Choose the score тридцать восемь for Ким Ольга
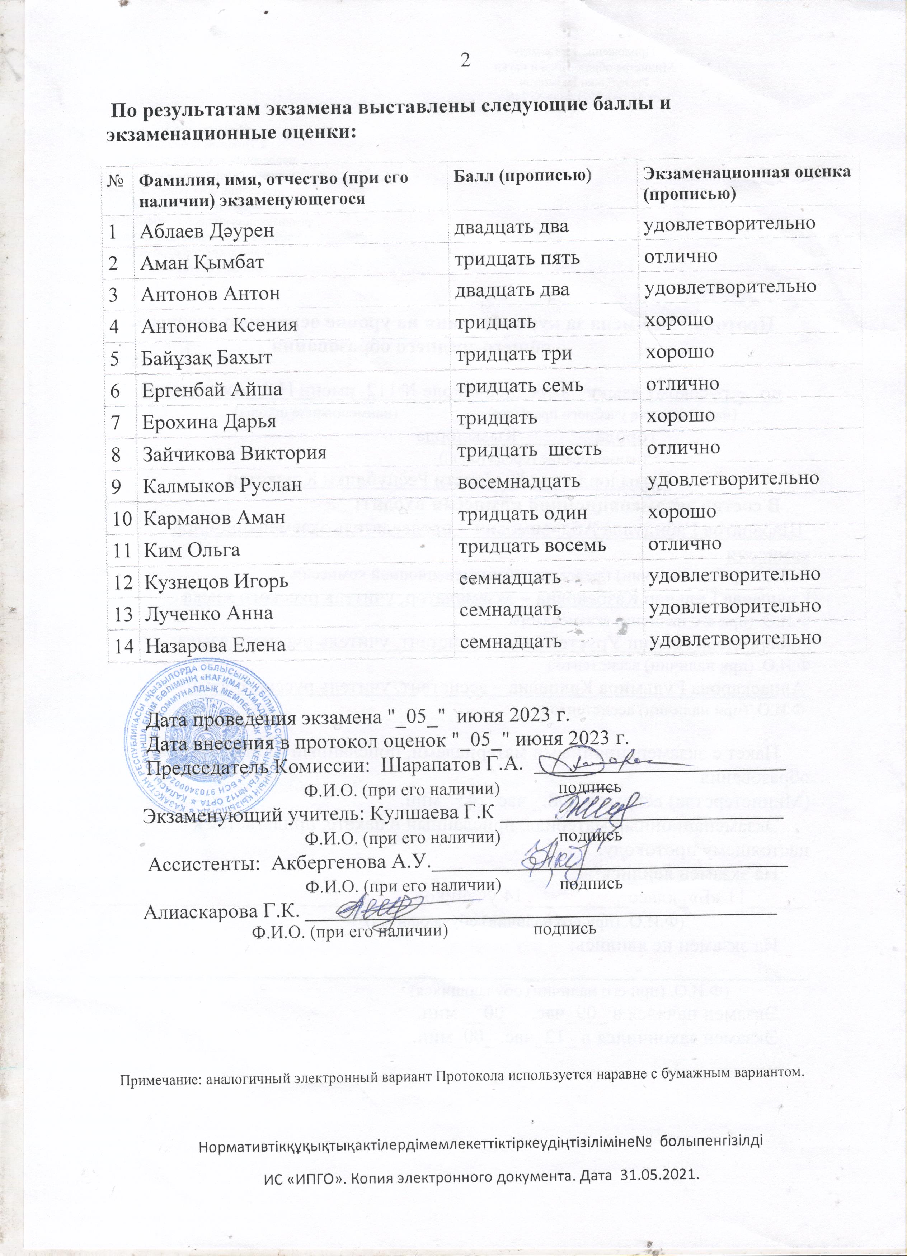[531, 546]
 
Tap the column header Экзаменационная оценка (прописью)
[746, 182]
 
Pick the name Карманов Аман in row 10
[214, 518]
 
